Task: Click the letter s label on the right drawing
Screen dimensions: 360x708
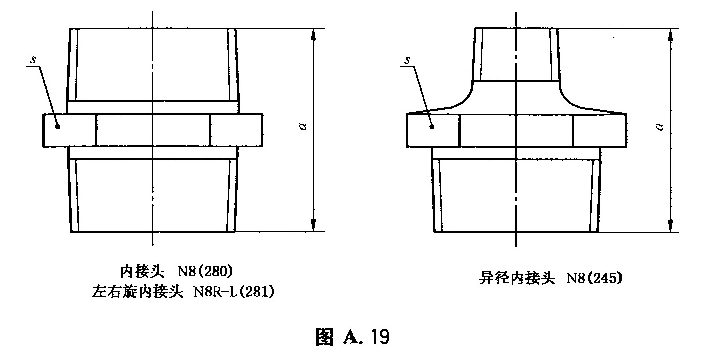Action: pos(408,60)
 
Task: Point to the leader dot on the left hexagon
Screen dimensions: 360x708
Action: pos(58,127)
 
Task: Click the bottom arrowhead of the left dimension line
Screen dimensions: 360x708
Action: pos(313,226)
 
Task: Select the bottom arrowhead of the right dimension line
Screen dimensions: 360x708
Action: pos(670,226)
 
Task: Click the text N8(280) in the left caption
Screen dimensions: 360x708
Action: pos(204,272)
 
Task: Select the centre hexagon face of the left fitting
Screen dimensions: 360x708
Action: pos(152,130)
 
